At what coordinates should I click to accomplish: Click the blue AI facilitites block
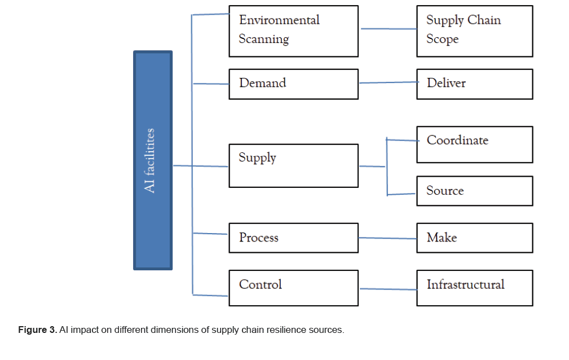[153, 160]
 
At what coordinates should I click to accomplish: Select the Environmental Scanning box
[293, 31]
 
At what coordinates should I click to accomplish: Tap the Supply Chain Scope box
[474, 31]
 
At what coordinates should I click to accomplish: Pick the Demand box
[293, 84]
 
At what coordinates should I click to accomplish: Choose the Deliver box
[474, 84]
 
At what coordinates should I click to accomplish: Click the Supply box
[293, 166]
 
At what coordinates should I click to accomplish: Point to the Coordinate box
[474, 144]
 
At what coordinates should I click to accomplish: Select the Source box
[474, 191]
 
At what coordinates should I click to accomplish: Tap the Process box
[293, 238]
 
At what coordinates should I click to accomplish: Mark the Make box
[474, 238]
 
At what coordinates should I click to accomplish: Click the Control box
[293, 288]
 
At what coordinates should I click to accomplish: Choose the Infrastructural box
[474, 288]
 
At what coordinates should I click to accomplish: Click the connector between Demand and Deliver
[387, 82]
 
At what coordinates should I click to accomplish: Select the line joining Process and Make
[387, 238]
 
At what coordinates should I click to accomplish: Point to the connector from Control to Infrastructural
[387, 289]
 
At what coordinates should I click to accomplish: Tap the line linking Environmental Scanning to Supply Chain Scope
[387, 29]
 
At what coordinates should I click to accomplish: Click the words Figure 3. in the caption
[37, 330]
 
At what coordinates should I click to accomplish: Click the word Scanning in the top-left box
[263, 39]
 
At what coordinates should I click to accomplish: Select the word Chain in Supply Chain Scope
[483, 20]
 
